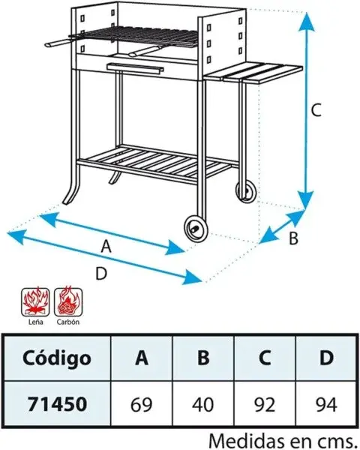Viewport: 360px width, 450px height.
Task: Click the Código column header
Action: pos(56,358)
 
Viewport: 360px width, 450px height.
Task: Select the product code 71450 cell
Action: pos(57,404)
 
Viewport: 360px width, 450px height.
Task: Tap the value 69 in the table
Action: pos(142,405)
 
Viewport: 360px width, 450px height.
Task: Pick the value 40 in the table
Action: pos(202,405)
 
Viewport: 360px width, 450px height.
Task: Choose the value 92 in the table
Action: pos(265,405)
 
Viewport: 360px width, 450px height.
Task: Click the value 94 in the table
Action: pos(326,405)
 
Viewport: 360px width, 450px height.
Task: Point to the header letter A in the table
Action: pos(142,358)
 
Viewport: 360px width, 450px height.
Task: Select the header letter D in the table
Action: pos(327,358)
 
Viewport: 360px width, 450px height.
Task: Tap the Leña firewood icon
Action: pos(35,302)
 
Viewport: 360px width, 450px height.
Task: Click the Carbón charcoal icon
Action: pos(68,302)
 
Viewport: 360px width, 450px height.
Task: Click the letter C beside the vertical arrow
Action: pos(316,110)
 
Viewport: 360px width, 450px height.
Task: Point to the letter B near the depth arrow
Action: pos(293,238)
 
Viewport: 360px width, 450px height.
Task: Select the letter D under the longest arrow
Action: pos(101,273)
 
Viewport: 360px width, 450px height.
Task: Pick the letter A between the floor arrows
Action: pos(106,247)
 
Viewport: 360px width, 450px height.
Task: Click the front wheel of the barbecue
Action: pos(196,229)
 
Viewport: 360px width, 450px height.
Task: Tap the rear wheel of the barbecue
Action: pos(246,192)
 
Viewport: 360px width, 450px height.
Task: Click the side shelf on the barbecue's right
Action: pos(253,73)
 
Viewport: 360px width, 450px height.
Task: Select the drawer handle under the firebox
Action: pos(135,68)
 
